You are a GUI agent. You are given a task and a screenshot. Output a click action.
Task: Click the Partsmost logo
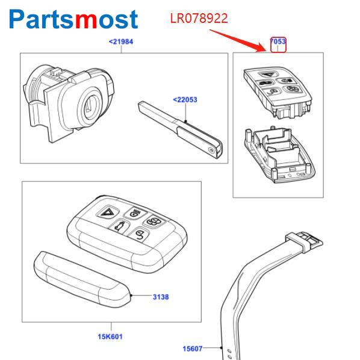tap(73, 19)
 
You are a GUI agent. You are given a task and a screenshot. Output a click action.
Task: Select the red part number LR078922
tap(199, 19)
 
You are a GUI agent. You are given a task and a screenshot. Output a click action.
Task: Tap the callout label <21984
tap(121, 42)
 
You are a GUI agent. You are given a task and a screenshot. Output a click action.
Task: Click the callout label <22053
tap(185, 100)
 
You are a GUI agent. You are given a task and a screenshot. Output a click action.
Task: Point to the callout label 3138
tap(161, 297)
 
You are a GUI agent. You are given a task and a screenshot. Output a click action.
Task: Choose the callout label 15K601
tap(110, 337)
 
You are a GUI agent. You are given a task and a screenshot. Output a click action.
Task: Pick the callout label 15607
tap(193, 349)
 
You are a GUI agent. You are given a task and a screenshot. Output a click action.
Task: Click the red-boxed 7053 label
tap(278, 42)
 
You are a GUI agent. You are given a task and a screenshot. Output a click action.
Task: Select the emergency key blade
tap(180, 129)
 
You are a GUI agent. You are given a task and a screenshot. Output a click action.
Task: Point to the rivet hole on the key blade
tap(211, 151)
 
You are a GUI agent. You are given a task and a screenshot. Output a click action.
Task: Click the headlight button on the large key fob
tap(135, 213)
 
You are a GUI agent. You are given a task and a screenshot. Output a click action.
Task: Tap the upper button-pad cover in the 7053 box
tap(278, 92)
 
